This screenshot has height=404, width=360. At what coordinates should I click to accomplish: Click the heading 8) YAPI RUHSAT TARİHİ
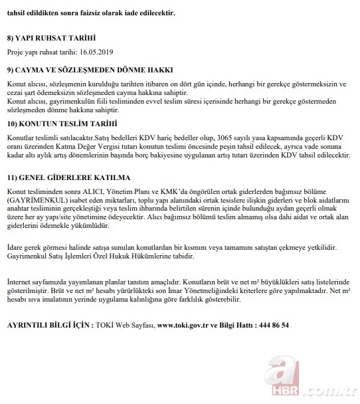(51, 39)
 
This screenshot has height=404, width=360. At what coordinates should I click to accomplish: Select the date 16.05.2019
(96, 52)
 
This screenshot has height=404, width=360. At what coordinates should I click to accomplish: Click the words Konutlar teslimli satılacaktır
(50, 138)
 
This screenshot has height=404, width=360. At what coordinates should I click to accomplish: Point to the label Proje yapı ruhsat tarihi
(40, 52)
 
